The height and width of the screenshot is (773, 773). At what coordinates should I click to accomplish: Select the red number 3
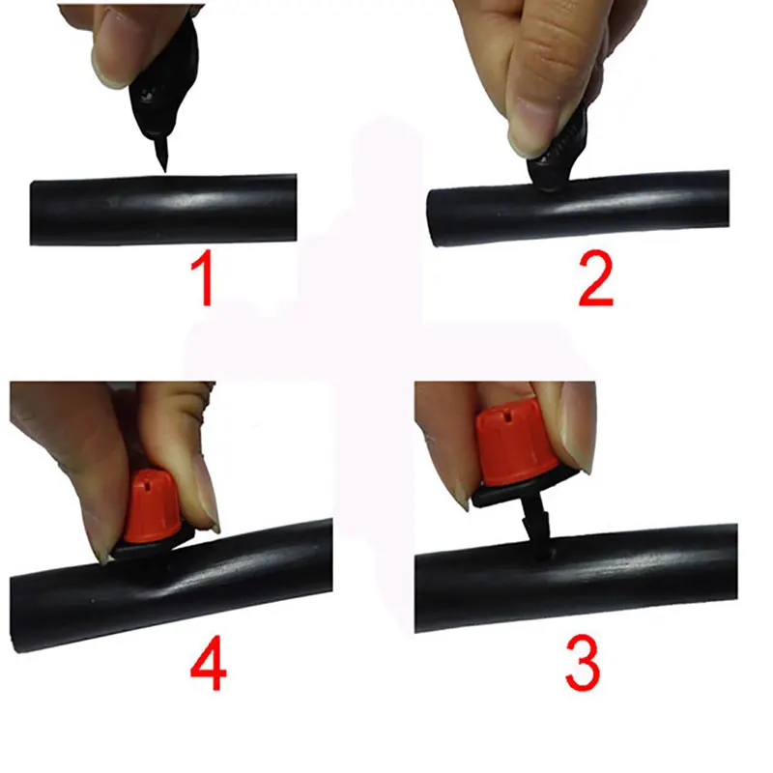point(582,664)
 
